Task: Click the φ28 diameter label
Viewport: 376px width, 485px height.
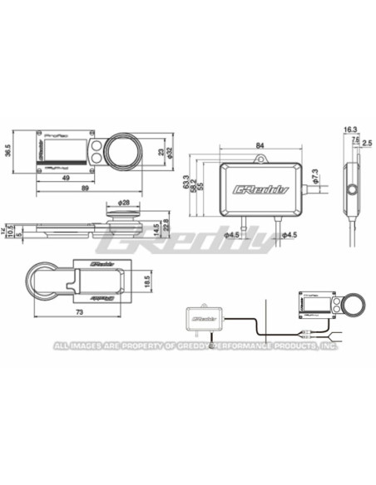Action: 126,203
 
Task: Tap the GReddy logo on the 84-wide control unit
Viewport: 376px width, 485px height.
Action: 259,190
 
